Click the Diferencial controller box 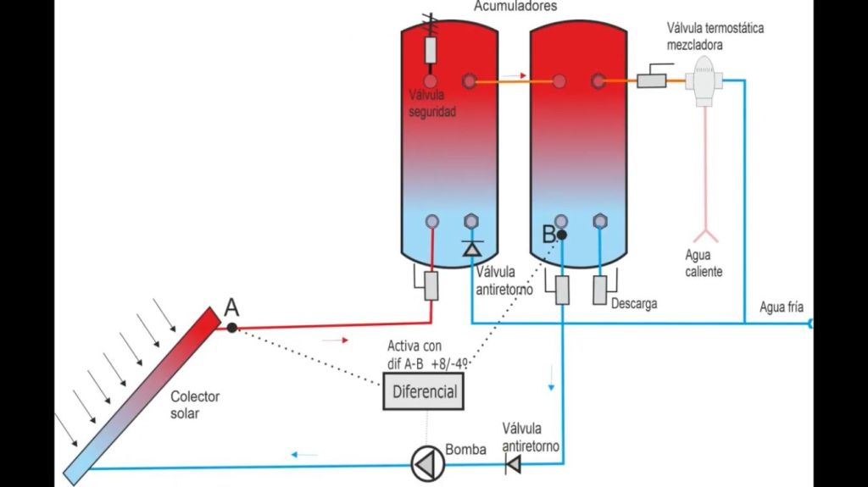tap(425, 392)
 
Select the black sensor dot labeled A tap(232, 327)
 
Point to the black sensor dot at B tap(561, 234)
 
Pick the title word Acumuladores tap(515, 6)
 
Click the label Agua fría tap(782, 307)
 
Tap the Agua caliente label tap(704, 263)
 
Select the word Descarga tap(634, 302)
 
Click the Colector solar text tap(195, 404)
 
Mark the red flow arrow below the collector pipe tap(336, 340)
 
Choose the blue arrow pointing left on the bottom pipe tap(304, 455)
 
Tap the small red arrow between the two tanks tap(514, 75)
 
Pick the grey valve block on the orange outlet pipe tap(652, 80)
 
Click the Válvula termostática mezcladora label tap(715, 34)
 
